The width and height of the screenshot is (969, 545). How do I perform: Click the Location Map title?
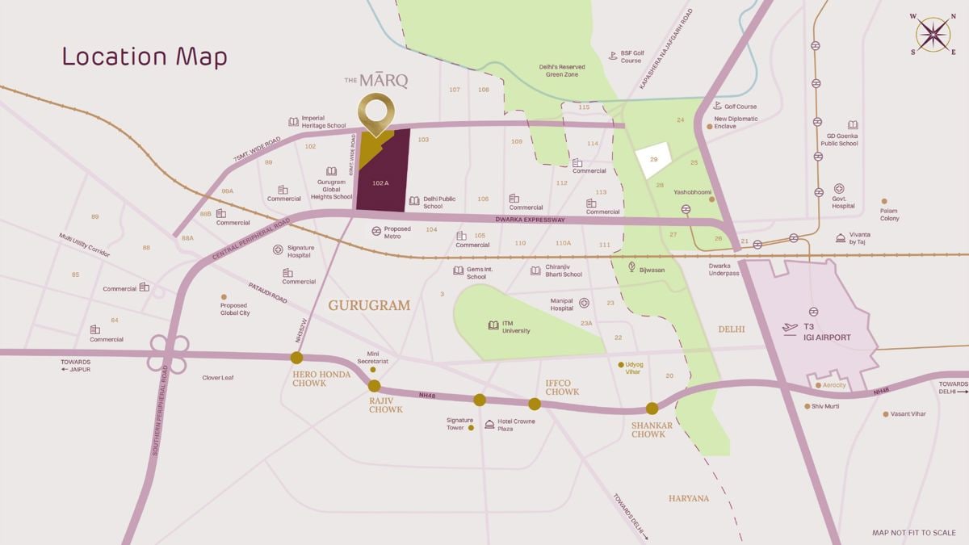click(145, 57)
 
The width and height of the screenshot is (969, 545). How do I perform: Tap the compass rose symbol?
click(933, 35)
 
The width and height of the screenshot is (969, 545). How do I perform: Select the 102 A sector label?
click(380, 183)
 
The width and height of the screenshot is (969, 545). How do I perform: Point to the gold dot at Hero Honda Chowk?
click(296, 358)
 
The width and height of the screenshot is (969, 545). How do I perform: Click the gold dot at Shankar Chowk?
click(652, 409)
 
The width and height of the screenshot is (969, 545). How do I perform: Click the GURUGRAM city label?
click(369, 306)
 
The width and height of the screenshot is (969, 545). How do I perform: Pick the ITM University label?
click(516, 327)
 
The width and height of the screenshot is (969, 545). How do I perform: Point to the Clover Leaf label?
click(218, 377)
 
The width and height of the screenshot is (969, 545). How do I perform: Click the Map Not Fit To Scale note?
click(913, 533)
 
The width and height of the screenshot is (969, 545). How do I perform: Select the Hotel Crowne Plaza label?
click(516, 425)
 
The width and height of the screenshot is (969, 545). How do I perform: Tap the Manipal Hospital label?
click(562, 304)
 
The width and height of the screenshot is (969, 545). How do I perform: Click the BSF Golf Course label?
click(631, 57)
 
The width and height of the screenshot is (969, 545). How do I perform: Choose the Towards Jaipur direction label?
click(76, 365)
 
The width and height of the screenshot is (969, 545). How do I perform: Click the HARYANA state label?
click(688, 498)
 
